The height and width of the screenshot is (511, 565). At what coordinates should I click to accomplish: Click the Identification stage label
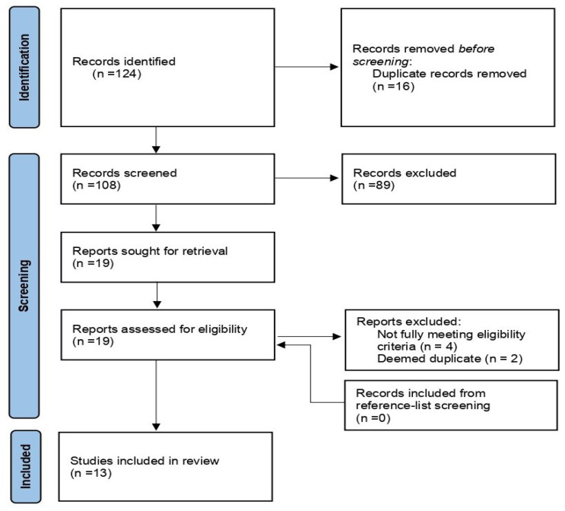tap(24, 68)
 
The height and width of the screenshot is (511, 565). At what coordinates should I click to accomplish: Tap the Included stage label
tap(25, 466)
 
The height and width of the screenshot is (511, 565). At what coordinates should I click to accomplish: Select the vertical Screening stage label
tap(24, 286)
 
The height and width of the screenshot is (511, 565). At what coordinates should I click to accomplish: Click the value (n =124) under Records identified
tap(117, 74)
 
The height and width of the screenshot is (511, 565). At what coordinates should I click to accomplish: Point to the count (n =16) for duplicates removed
tap(393, 87)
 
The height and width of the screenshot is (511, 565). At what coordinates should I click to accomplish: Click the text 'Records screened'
tap(125, 173)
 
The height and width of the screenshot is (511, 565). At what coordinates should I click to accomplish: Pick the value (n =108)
tap(97, 186)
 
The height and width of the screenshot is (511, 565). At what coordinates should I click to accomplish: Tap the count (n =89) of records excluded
tap(374, 186)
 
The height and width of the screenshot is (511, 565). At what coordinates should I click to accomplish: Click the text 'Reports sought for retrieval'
tap(150, 251)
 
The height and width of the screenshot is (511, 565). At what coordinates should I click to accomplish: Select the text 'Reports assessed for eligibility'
tap(160, 329)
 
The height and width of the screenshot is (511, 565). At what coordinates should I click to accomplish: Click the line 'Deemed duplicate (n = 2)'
tap(449, 359)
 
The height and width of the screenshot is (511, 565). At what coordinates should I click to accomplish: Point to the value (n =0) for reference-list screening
tap(373, 418)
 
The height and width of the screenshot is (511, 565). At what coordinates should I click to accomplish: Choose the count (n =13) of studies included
tap(90, 473)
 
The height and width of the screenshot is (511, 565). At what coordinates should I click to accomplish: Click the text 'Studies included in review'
tap(144, 461)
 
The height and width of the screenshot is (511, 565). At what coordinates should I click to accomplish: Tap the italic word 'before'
tap(476, 49)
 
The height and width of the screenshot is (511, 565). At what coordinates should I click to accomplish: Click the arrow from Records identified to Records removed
tap(306, 67)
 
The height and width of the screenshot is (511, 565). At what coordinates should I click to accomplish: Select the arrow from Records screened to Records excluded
tap(306, 178)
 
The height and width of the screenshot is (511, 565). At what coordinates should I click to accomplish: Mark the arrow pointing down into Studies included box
tap(156, 395)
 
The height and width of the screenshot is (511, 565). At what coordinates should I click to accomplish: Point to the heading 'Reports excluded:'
tap(408, 322)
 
